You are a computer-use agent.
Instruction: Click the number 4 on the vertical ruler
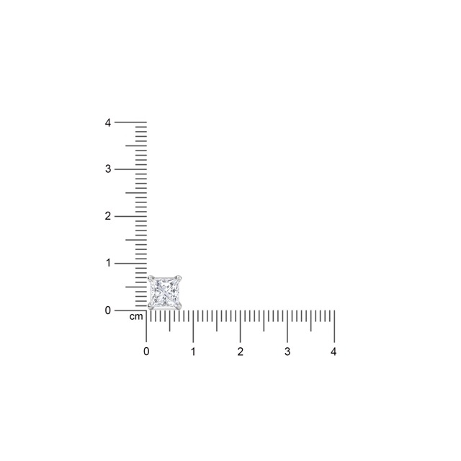[108, 122]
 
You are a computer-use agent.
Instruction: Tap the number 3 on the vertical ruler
[108, 169]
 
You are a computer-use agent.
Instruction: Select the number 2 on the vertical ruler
[108, 216]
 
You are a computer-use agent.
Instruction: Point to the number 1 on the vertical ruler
[109, 263]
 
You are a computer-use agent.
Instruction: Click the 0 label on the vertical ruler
[108, 310]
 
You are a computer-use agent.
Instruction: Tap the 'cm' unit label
[136, 317]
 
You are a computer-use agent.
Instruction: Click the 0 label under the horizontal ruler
[146, 352]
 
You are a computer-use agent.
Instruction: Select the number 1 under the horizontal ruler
[193, 352]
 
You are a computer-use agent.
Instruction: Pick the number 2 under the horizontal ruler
[240, 352]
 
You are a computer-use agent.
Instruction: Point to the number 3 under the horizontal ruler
[287, 352]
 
